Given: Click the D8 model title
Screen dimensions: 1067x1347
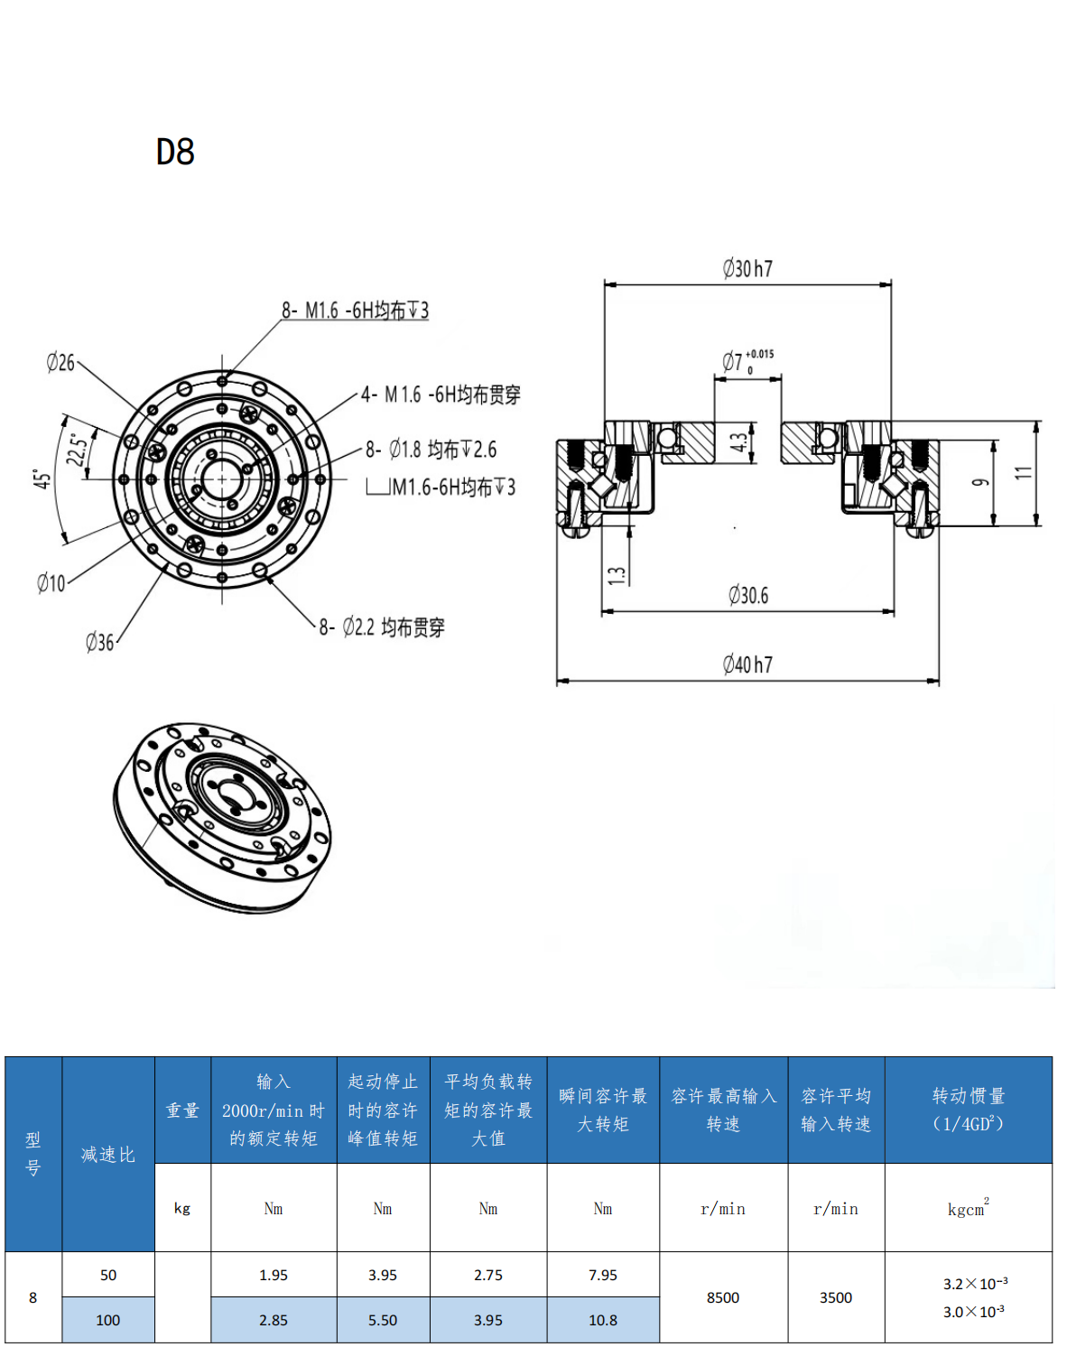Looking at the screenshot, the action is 175,152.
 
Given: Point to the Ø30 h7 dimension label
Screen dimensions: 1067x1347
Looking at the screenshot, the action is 747,268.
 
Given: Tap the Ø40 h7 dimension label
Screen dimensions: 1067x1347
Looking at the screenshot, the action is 747,664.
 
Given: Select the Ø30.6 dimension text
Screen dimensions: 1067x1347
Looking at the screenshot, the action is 748,595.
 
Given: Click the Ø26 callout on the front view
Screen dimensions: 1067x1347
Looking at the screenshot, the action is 60,362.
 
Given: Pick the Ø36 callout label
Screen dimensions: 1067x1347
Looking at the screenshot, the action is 100,642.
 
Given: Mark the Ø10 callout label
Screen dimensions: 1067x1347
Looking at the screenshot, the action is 51,583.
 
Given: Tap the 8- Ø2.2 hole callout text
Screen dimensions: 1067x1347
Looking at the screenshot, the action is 382,627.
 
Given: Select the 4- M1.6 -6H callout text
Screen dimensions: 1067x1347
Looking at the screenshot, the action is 441,395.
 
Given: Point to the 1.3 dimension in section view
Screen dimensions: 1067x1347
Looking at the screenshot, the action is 617,575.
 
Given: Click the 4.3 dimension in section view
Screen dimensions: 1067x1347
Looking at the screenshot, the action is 739,441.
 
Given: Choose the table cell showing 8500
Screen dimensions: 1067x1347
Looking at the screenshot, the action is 723,1297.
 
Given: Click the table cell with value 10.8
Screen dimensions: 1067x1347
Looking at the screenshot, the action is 603,1320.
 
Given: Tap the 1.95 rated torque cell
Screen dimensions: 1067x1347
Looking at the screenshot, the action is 274,1275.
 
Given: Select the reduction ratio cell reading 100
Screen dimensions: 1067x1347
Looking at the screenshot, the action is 107,1320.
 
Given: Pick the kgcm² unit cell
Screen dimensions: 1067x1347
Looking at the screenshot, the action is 968,1207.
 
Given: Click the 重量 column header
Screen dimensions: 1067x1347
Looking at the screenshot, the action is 182,1110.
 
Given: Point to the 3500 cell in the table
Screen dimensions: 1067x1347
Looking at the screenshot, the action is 835,1297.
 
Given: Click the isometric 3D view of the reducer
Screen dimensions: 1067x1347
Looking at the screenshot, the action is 222,818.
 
